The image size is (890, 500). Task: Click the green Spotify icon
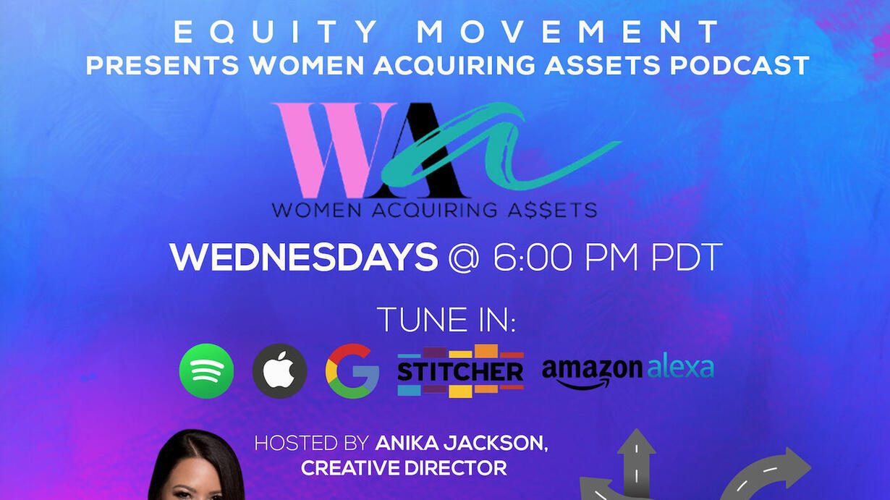click(207, 370)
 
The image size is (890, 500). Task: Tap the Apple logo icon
click(280, 370)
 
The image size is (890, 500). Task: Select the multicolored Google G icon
click(352, 370)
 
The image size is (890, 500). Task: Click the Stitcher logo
click(460, 370)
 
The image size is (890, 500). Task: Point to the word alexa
click(681, 368)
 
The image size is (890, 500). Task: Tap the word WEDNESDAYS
click(304, 257)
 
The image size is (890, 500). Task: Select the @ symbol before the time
click(465, 258)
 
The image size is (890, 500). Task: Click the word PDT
click(687, 257)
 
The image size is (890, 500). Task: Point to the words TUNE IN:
click(446, 319)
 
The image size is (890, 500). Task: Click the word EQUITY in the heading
click(276, 32)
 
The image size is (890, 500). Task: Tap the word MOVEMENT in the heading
click(568, 32)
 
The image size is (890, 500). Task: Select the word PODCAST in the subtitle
click(739, 65)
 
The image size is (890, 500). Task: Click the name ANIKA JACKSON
click(462, 443)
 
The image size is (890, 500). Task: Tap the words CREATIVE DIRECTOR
click(404, 468)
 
